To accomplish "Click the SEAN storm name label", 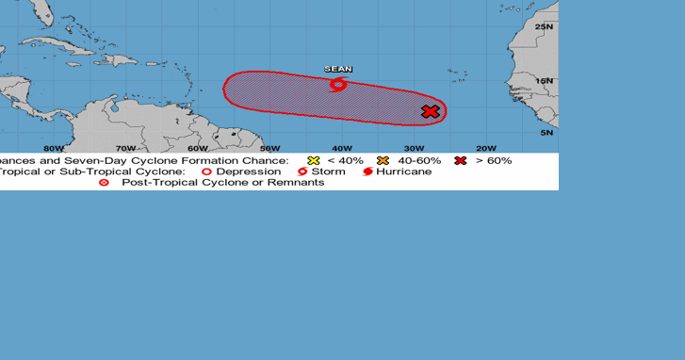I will point(337,69).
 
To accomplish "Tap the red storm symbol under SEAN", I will point(338,85).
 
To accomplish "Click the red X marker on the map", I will point(431,112).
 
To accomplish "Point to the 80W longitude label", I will point(54,148).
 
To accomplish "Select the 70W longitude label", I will point(125,148).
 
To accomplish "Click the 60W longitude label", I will point(197,148).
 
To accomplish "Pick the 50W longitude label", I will point(269,148).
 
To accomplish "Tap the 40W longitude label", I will point(341,148).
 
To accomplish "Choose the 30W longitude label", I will point(414,148).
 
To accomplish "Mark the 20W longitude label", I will point(485,148).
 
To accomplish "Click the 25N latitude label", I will point(545,26).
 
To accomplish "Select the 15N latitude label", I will point(545,80).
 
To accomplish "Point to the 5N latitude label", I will point(546,133).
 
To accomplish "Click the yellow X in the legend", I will point(314,160).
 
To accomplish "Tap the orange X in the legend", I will point(383,160).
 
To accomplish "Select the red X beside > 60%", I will point(461,160).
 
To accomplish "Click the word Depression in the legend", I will point(249,172).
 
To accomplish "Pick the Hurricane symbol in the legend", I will point(368,172).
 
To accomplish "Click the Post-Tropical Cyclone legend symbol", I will point(104,182).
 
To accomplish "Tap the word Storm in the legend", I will point(329,172).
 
